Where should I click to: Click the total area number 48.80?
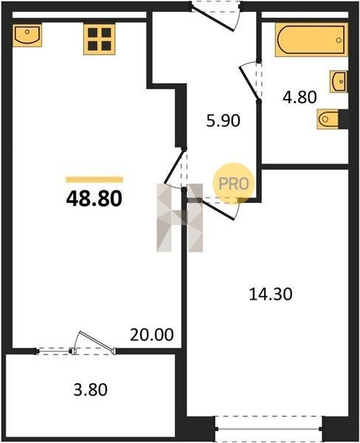(x=94, y=199)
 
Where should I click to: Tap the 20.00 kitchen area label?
(x=152, y=334)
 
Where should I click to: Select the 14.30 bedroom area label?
(x=271, y=294)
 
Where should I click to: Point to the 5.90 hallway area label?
(x=223, y=120)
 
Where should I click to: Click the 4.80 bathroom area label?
(x=300, y=97)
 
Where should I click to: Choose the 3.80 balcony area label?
(x=90, y=390)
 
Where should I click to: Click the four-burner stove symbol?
(x=100, y=39)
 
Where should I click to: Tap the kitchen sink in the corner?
(x=27, y=35)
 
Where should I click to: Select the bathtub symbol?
(x=311, y=40)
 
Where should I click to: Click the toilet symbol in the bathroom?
(x=328, y=119)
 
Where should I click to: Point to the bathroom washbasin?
(x=339, y=82)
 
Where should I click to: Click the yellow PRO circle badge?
(x=234, y=184)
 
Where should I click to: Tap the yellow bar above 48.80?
(x=94, y=179)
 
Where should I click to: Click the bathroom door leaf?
(x=249, y=83)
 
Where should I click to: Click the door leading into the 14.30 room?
(x=218, y=210)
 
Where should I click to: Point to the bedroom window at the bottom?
(x=269, y=429)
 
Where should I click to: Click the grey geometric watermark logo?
(x=180, y=218)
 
